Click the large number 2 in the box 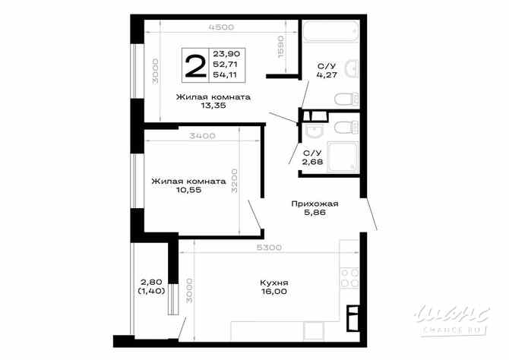click(x=195, y=66)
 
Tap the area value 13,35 click(x=213, y=106)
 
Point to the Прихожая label click(x=315, y=204)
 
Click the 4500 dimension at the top click(x=221, y=27)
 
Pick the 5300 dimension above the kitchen click(x=270, y=247)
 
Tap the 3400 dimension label click(x=203, y=136)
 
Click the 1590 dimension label click(x=280, y=47)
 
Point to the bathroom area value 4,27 click(x=327, y=75)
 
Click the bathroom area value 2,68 click(x=312, y=161)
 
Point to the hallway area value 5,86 click(x=315, y=213)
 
